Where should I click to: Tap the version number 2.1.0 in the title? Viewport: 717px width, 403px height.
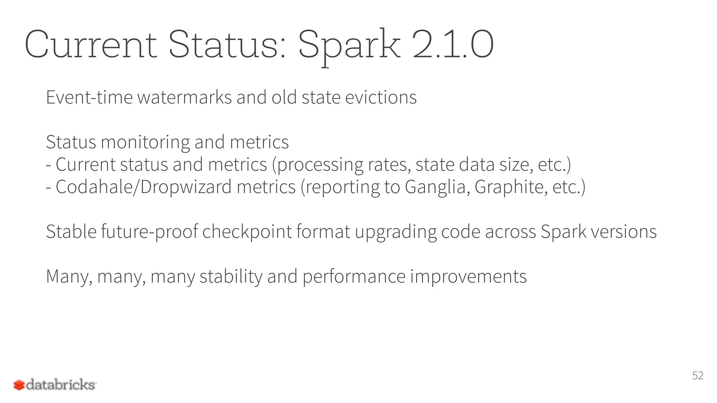[x=453, y=45]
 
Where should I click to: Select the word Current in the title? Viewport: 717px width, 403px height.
[x=90, y=45]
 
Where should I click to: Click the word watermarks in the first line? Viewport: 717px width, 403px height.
[x=185, y=97]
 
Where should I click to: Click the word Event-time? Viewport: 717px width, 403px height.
[x=89, y=97]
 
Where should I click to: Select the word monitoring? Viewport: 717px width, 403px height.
[x=145, y=142]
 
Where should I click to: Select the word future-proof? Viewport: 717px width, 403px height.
[x=149, y=232]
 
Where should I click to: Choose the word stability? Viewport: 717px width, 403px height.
[x=231, y=277]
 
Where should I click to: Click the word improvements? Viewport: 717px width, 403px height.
[x=468, y=277]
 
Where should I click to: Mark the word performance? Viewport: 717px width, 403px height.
[x=354, y=277]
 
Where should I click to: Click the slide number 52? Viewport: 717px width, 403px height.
[x=698, y=375]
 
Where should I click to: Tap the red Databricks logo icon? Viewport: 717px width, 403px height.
[x=19, y=385]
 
